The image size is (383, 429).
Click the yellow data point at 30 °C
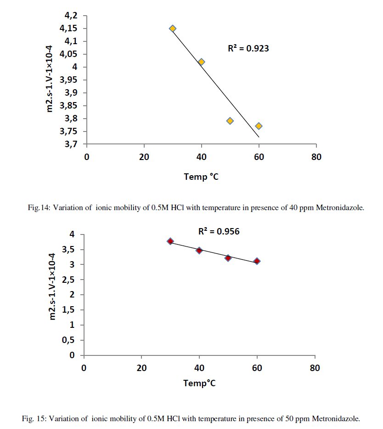(x=173, y=29)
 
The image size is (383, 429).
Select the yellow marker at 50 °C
(x=230, y=121)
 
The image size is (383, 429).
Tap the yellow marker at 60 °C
(x=259, y=126)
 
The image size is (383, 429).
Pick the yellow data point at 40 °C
(x=201, y=62)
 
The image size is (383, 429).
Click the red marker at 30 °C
(x=170, y=241)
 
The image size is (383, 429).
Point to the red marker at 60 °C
(x=257, y=261)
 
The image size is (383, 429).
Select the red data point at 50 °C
(x=228, y=258)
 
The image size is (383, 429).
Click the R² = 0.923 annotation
(x=248, y=48)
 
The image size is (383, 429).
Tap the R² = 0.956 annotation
(x=219, y=232)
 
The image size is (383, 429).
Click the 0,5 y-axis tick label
(x=68, y=340)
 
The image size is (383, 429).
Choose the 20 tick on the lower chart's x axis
(x=141, y=368)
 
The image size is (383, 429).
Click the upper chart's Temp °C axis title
(x=201, y=177)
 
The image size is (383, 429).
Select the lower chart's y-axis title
(x=53, y=286)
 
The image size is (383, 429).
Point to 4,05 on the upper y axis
(x=68, y=54)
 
